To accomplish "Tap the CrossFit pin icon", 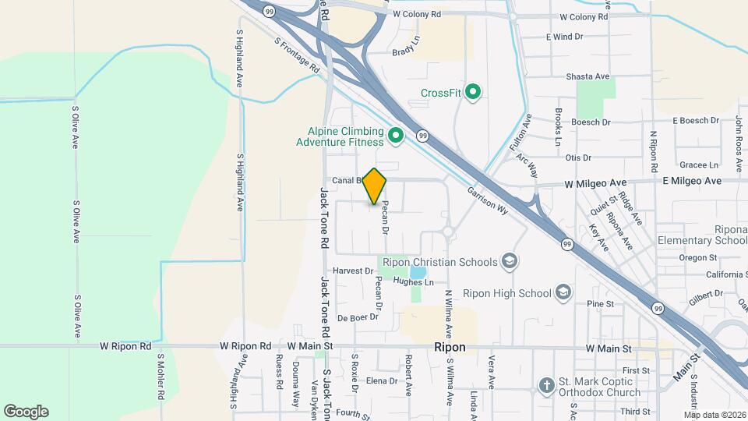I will tap(473, 93).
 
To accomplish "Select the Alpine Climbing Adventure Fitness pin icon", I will tap(395, 136).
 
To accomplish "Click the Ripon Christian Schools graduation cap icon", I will tap(510, 261).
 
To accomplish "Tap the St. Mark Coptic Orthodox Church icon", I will tap(546, 384).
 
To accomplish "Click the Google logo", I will tap(26, 412).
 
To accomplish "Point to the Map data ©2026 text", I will tap(714, 414).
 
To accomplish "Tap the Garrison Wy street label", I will tap(488, 200).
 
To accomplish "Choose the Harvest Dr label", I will tap(353, 271).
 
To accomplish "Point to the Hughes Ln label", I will tap(413, 281).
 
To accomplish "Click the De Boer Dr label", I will tap(358, 317).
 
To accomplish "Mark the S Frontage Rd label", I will tap(297, 57).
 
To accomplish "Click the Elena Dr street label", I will tap(382, 381).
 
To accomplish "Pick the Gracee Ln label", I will tap(698, 165).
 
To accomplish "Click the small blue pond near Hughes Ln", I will tap(418, 273).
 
